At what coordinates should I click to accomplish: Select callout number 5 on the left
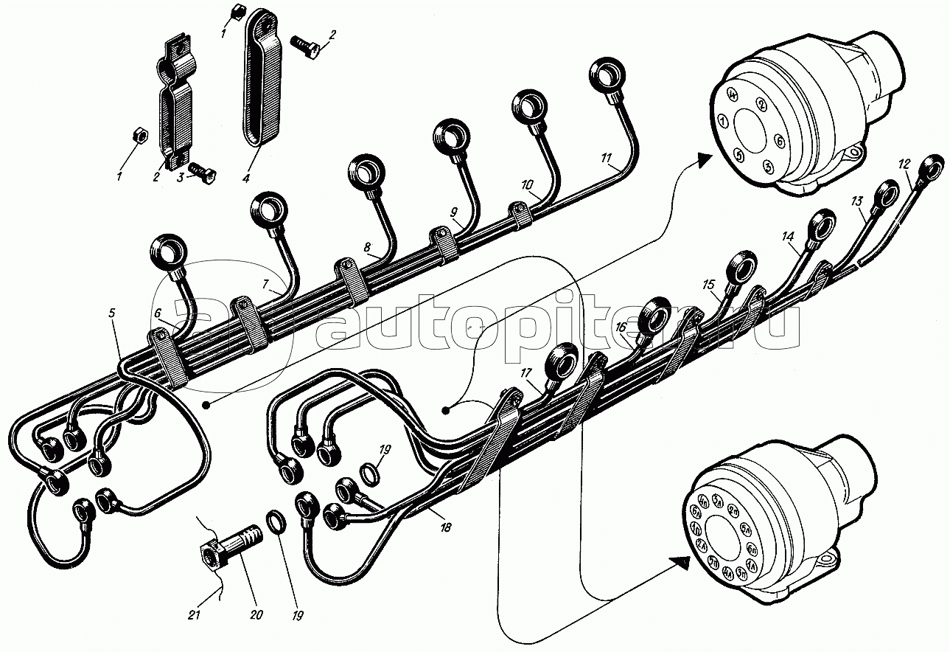112,313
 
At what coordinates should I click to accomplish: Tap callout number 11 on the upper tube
606,157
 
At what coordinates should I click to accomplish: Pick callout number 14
788,236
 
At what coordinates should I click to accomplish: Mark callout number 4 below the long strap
246,178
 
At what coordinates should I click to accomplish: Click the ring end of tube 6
170,252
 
